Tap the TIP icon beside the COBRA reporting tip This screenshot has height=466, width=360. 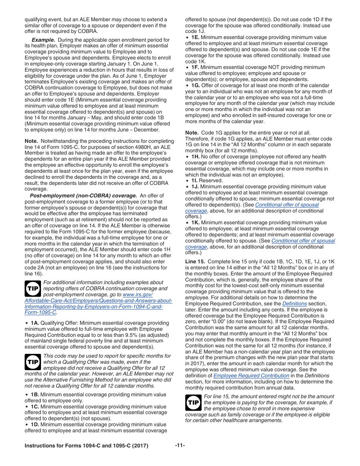33,289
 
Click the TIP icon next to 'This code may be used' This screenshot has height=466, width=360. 33,362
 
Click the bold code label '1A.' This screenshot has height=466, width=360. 35,323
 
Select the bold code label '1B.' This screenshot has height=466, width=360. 35,394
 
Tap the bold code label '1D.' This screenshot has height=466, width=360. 35,424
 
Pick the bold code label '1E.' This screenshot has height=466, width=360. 195,38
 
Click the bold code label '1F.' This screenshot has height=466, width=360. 195,67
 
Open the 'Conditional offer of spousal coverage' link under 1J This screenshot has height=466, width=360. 287,205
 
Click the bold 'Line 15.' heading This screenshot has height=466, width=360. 195,262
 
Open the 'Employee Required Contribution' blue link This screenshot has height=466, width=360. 251,375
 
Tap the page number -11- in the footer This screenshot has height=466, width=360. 180,446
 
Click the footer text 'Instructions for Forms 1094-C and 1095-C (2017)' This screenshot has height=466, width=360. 86,446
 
